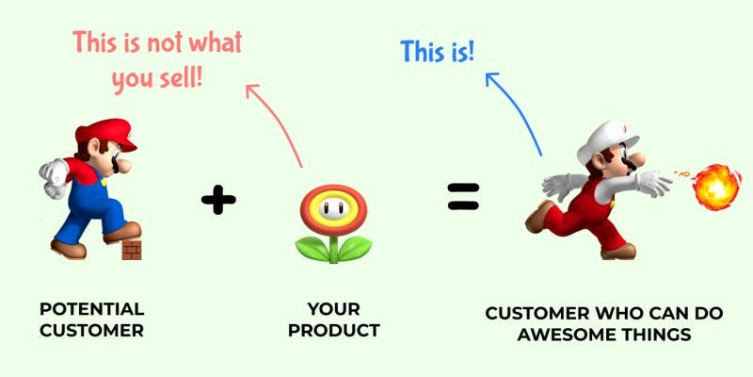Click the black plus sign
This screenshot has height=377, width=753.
217,199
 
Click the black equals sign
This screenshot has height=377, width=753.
462,195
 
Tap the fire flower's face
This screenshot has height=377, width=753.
331,206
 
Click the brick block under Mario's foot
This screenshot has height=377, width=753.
131,250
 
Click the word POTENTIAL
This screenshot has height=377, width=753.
91,309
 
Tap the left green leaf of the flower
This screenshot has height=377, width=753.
312,249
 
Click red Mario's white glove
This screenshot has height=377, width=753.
52,179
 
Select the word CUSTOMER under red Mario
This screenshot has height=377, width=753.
91,331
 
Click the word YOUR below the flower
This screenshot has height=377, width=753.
333,309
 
